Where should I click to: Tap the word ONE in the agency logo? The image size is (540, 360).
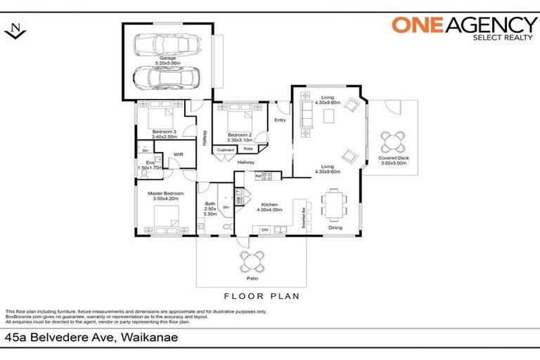click(416, 26)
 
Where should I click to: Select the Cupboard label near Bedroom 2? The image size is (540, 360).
click(225, 149)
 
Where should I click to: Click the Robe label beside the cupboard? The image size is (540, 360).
click(248, 149)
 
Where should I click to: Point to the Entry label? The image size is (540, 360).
click(280, 120)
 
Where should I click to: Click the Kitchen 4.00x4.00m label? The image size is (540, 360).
click(269, 206)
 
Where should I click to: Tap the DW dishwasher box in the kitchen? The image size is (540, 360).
click(265, 229)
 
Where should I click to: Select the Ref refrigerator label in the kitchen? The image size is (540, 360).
click(258, 176)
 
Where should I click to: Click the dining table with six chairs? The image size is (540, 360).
click(334, 205)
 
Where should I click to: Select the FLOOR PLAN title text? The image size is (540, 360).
click(261, 296)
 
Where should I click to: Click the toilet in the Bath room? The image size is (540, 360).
click(225, 227)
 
